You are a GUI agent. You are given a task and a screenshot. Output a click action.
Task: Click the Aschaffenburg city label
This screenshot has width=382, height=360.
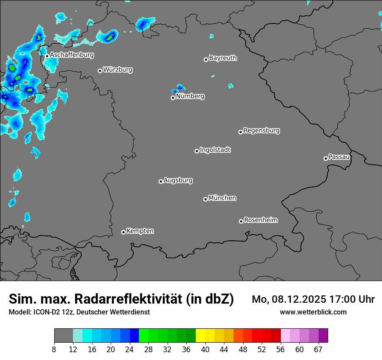72,55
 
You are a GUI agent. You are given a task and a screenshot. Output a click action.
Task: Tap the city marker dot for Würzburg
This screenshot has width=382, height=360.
100,71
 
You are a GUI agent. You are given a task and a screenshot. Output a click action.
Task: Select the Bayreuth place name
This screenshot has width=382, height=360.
223,58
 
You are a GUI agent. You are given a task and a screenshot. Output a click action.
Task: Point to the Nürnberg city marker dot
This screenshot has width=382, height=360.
173,98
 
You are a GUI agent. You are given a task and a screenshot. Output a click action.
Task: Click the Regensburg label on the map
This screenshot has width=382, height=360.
261,130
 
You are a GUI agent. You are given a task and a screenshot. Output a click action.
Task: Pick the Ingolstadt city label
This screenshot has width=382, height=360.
215,150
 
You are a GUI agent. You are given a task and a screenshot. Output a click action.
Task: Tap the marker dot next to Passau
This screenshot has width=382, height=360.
326,158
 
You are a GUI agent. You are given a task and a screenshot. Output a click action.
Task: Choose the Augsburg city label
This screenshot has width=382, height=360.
178,180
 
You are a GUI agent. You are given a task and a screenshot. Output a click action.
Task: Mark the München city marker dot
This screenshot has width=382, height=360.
205,200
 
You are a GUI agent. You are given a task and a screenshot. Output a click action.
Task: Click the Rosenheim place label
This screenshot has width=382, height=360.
260,220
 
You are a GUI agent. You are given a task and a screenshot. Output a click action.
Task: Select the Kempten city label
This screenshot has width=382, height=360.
140,231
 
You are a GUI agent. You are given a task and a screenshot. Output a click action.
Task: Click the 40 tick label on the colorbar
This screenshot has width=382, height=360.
205,350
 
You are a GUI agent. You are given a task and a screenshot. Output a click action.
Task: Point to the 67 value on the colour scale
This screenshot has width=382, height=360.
318,350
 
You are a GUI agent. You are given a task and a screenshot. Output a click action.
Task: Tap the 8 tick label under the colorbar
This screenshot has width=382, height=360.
54,350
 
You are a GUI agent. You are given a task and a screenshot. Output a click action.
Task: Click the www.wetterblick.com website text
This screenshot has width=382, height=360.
313,312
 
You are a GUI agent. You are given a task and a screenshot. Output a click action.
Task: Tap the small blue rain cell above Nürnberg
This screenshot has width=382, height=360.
179,88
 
